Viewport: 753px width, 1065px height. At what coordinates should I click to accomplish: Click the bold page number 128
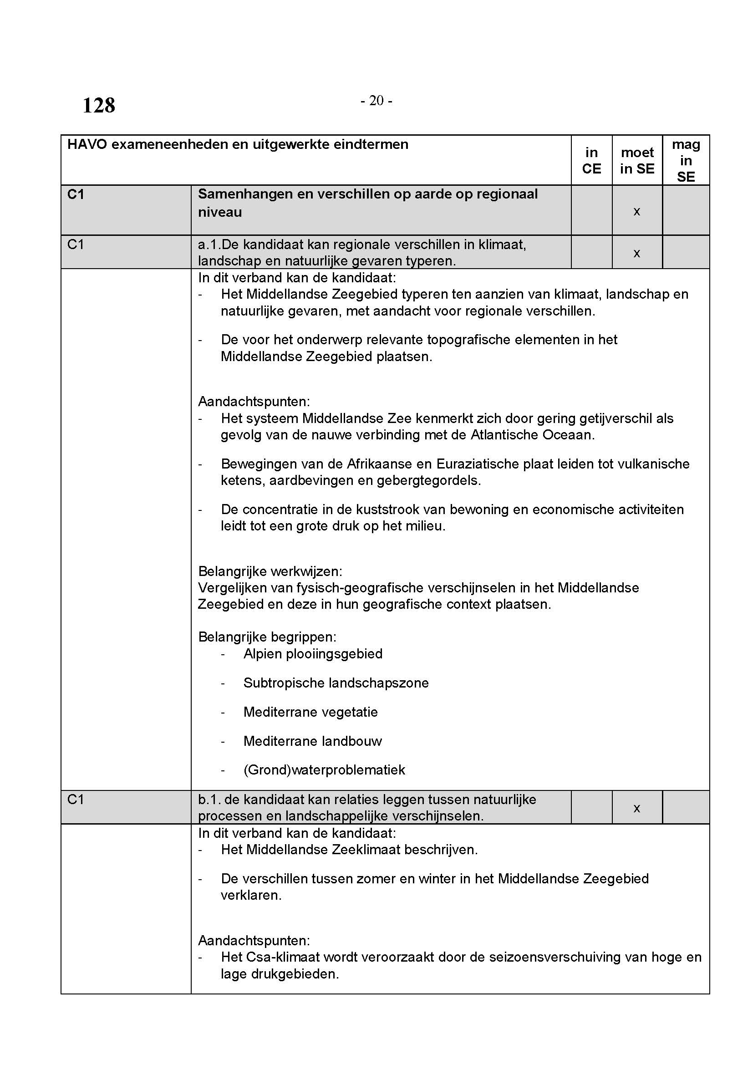99,105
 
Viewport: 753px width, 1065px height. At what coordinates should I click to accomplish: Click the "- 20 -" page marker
376,100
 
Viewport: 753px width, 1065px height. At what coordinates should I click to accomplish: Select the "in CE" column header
591,160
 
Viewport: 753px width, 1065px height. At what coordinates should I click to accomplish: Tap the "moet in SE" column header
637,160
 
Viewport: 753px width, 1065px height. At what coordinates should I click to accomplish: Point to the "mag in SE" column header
686,160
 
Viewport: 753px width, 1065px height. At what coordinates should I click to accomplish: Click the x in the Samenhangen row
636,212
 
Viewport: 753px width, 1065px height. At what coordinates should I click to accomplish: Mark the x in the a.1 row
636,253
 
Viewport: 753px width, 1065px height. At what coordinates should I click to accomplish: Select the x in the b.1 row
636,808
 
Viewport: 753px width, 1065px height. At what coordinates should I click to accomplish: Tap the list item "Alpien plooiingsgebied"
313,653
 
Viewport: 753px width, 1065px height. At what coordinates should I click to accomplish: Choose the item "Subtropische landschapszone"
336,683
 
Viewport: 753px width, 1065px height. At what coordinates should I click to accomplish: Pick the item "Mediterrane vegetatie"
310,712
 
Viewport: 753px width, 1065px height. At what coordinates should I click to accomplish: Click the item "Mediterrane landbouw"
312,741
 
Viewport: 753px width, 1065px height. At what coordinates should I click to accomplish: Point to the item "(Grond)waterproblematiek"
324,770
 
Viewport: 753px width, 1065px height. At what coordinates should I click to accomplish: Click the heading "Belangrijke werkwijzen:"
270,571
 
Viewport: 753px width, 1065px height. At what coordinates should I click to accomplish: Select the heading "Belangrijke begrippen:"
267,637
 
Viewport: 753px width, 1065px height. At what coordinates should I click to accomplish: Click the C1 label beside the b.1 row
76,800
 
